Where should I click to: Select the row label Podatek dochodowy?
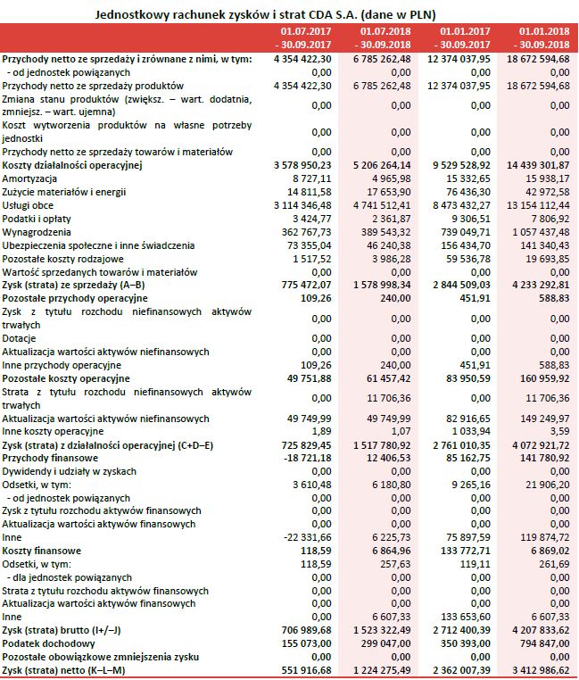pyautogui.click(x=45, y=643)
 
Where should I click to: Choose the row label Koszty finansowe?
pyautogui.click(x=40, y=551)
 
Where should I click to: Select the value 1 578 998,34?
pyautogui.click(x=381, y=284)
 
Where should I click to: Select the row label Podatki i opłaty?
pyautogui.click(x=36, y=218)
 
